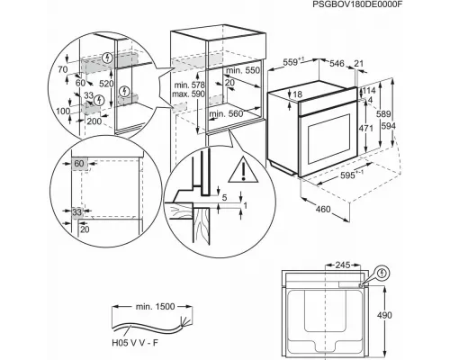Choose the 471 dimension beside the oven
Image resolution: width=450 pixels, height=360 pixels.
coord(365,130)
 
